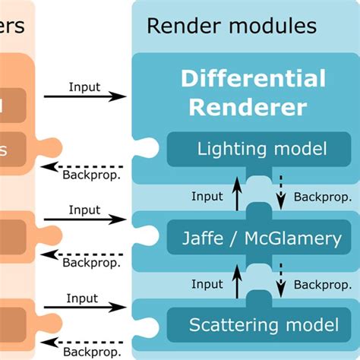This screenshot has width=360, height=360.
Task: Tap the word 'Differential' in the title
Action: (253, 78)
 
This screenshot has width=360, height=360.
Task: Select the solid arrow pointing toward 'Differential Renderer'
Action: (84, 96)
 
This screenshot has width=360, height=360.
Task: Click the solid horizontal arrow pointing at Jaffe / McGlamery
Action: (84, 219)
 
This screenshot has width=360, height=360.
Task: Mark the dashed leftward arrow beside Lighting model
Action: (84, 167)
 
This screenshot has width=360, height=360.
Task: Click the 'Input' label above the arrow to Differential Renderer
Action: (84, 87)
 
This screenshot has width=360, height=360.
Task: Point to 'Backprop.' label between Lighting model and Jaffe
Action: (317, 197)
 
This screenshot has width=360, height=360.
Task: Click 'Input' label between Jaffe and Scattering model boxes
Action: (207, 284)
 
